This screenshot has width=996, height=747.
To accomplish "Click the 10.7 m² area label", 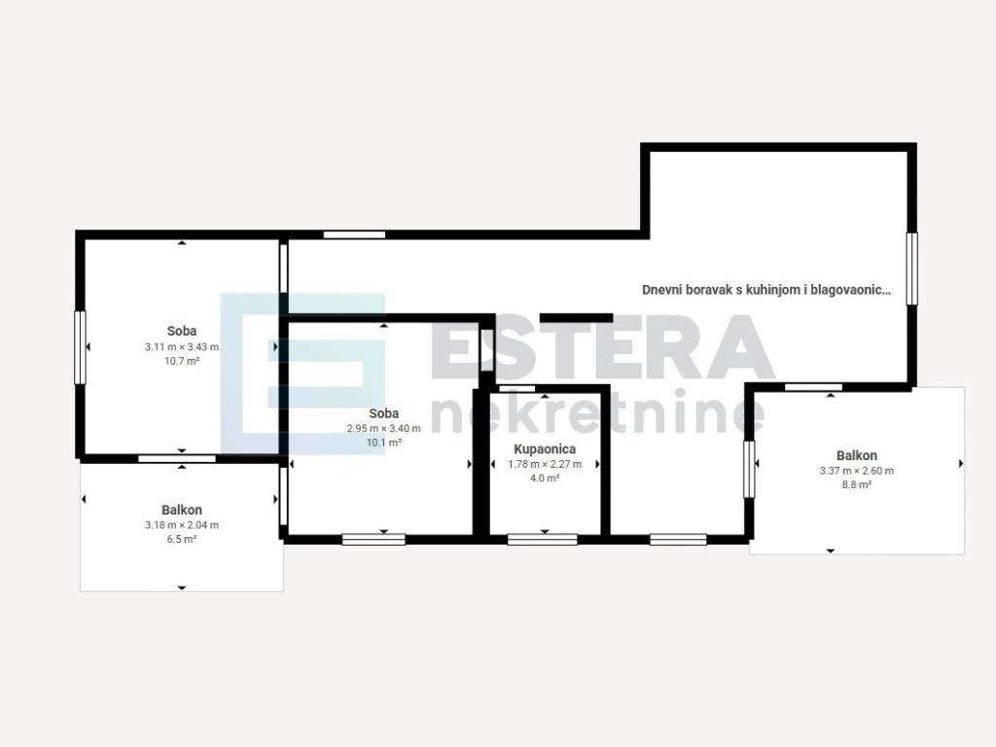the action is coord(182,361).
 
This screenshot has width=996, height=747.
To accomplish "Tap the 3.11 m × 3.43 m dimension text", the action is coord(182,347).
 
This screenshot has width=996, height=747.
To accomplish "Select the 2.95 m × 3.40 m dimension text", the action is coord(383,429).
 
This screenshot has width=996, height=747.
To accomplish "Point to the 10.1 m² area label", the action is coord(383,443).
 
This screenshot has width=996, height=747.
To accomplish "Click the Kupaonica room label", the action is coord(545,449).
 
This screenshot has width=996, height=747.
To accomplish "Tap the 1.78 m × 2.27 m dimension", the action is coord(545,464).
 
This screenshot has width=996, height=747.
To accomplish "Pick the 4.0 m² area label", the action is coord(545,479).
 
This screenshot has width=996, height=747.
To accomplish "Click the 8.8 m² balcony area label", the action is coord(857,484).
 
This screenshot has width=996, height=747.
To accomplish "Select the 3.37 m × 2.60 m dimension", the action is coord(857,471).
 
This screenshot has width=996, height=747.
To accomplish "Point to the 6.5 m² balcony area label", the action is coord(182,539).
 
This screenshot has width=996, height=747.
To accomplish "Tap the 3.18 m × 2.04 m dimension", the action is coord(182,525).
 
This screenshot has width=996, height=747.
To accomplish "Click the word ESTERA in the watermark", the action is coord(603,347).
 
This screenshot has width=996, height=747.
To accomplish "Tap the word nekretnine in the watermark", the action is coord(598,412).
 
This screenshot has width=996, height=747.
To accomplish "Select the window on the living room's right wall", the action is coord(911,268).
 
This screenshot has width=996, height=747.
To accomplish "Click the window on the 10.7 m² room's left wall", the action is coord(80,347).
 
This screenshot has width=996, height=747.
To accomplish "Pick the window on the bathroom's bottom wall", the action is coord(543,540).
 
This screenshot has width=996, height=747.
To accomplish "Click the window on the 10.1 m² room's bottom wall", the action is coord(373,540).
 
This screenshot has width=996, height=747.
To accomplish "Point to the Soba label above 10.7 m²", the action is coord(182,331).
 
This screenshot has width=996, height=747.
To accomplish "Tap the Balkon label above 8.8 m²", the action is coord(857,455).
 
